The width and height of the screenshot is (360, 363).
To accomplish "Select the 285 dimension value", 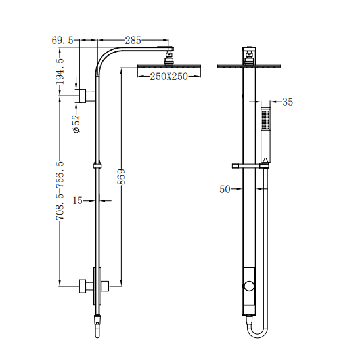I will [x=133, y=41].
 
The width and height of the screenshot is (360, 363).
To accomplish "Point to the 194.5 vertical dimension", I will [x=60, y=70].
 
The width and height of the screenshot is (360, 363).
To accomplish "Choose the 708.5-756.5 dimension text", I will [x=60, y=191].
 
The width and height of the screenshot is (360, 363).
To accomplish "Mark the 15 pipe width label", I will [x=78, y=200].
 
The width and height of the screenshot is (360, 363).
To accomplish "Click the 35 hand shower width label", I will [x=287, y=102].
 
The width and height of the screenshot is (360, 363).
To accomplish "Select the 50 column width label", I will [x=225, y=189].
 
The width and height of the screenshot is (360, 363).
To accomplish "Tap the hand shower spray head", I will [x=265, y=120].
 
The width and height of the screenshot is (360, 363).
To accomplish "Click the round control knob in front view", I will [x=249, y=287].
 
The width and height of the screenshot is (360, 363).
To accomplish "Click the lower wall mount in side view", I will [x=84, y=286].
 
